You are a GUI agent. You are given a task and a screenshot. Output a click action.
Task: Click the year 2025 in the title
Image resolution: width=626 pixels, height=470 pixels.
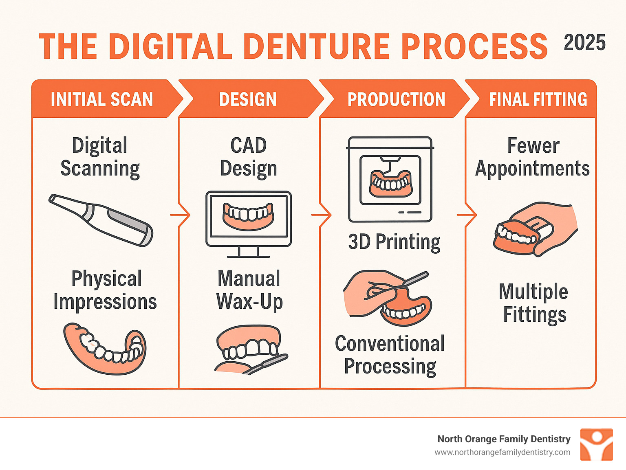584,43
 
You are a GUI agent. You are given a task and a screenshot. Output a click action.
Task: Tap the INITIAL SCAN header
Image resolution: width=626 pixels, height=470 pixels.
101,99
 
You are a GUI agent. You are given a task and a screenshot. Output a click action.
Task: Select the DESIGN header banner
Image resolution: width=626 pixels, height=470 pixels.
248,99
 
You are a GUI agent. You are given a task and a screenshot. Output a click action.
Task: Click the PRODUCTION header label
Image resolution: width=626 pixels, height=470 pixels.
396,99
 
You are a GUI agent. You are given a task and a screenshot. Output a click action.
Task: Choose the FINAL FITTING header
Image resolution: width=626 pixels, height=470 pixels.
538,99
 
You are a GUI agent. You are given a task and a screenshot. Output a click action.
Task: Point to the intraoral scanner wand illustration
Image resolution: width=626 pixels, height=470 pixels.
101,220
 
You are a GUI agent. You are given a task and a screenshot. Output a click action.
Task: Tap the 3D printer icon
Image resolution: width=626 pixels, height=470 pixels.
390,179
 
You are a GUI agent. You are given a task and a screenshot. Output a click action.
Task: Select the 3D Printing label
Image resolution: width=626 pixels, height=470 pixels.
394,242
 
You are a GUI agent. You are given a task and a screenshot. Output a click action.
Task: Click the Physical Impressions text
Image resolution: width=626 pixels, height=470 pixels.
105,290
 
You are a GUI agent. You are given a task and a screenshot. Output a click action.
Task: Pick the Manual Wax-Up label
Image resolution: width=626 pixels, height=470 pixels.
249,290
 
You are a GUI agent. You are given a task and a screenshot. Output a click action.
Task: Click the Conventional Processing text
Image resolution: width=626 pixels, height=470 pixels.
390,355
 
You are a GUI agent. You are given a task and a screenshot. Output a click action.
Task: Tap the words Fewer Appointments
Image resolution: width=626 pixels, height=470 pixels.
532,157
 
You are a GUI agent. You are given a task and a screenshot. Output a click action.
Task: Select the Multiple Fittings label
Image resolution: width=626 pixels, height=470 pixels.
534,303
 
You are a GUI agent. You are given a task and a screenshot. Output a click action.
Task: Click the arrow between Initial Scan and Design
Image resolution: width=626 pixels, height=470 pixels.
181,215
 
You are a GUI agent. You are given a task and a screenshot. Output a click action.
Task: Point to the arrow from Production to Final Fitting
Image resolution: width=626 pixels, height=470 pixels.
467,215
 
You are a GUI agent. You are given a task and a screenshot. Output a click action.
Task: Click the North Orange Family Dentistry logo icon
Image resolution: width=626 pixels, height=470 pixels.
596,444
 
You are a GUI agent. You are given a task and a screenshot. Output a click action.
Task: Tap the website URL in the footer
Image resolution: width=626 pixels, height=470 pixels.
502,452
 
